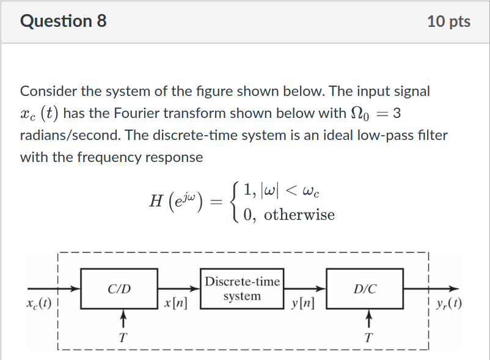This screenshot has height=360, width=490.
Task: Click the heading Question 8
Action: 64,21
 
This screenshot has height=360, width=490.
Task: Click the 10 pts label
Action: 449,21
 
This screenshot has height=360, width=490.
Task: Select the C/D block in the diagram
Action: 119,288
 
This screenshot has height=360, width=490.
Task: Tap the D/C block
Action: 365,288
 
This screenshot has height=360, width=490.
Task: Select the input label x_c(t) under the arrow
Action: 37,304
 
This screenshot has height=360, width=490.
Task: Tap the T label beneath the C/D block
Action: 123,337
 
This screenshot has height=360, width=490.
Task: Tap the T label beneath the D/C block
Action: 368,337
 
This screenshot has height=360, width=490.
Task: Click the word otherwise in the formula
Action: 299,215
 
